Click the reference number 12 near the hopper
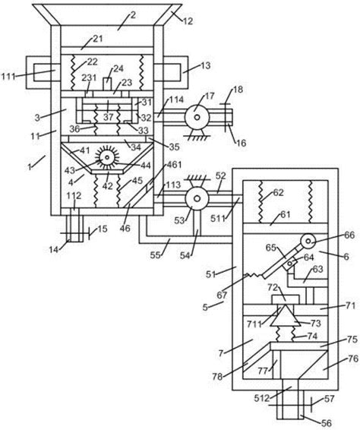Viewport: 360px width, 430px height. click(188, 21)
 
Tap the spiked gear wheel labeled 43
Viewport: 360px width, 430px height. click(107, 157)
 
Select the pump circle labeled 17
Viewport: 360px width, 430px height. click(197, 117)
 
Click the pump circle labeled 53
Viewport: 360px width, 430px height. click(197, 198)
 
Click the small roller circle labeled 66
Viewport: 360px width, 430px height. click(308, 241)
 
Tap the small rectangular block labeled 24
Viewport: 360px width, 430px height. click(107, 84)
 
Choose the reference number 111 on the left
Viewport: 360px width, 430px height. click(8, 77)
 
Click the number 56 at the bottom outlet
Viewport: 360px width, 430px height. click(326, 423)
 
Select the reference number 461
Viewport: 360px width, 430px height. click(174, 165)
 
